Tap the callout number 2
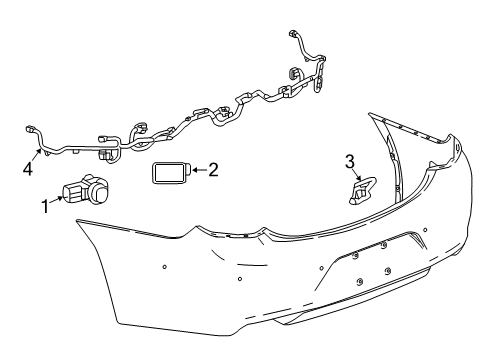[x=212, y=170]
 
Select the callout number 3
[x=350, y=160]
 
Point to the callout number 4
[x=28, y=168]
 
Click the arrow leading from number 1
[x=58, y=199]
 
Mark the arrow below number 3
[x=353, y=176]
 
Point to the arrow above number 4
[x=34, y=155]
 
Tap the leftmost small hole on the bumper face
[x=163, y=266]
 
